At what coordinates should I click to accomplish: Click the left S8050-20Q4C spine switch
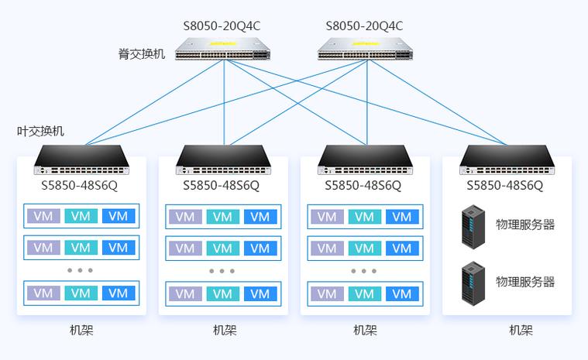pos(223,49)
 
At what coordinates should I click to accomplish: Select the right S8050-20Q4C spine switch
pos(365,49)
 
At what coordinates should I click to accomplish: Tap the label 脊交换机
pos(142,54)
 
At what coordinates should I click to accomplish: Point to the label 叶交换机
pos(40,131)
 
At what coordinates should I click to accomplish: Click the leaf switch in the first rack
pos(81,160)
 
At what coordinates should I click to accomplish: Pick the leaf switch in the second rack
pos(223,160)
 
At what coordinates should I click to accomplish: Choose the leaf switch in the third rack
pos(365,160)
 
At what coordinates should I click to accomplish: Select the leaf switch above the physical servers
pos(507,160)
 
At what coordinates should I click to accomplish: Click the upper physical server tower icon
pos(473,227)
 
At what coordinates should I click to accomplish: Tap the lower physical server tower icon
pos(473,283)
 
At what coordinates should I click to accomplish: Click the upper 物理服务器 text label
pos(525,225)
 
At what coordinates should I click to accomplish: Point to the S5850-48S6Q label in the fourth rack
pos(505,186)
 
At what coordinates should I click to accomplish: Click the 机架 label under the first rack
pos(81,330)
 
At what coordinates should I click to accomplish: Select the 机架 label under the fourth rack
pos(521,330)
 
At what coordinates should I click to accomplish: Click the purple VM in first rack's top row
pos(43,216)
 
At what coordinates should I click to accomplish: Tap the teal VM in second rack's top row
pos(223,217)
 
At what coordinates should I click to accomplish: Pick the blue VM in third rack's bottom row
pos(402,293)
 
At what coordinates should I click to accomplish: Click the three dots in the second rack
pos(222,271)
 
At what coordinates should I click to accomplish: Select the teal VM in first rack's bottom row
pos(81,293)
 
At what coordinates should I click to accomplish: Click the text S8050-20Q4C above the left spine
pos(222,26)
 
